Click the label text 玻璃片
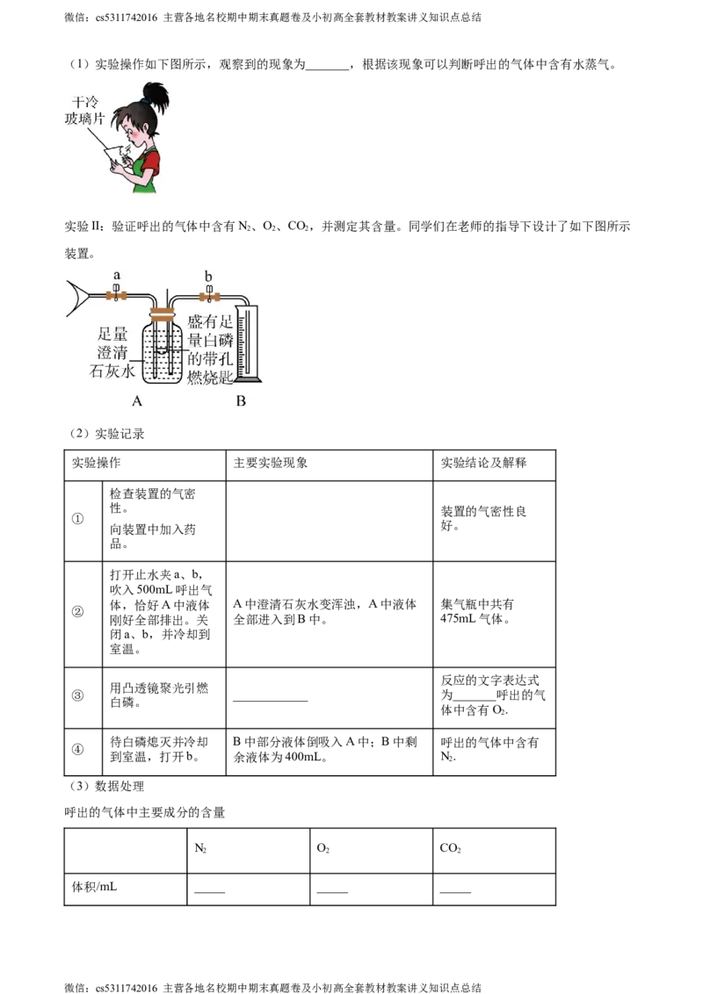click(x=84, y=119)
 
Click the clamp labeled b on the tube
click(x=209, y=297)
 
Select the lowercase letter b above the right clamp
click(x=209, y=277)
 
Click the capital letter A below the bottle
click(x=136, y=401)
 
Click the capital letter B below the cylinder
click(x=241, y=401)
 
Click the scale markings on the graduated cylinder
click(x=246, y=342)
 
